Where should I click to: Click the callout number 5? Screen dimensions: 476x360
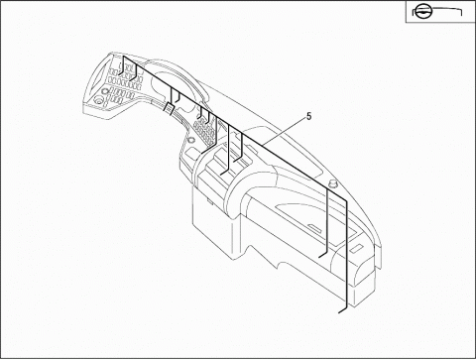click(309, 117)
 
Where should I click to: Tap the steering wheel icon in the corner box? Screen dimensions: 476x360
click(421, 13)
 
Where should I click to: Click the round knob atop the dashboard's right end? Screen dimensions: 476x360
click(333, 182)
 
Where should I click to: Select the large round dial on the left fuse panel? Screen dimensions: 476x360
click(99, 100)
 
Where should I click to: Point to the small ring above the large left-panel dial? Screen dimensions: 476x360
click(105, 91)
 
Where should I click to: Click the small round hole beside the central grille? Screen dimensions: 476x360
click(190, 140)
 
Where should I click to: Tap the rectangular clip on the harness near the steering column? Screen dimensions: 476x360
click(169, 108)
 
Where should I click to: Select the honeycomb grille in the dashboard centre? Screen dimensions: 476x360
click(203, 131)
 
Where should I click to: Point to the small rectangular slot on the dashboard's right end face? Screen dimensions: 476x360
click(356, 249)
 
